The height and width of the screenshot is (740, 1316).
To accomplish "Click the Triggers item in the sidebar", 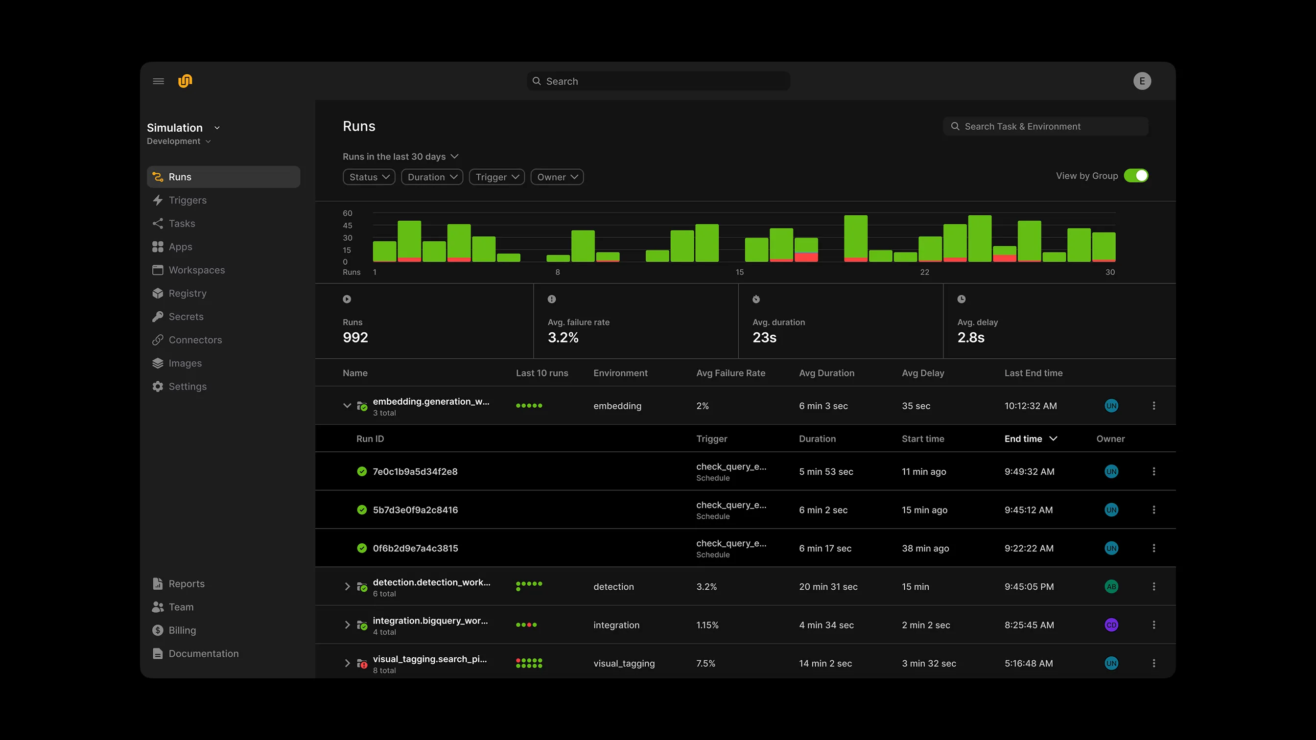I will tap(187, 200).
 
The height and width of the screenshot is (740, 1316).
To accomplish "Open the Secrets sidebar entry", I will tap(186, 317).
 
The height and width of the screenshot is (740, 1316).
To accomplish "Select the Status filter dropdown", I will tap(369, 177).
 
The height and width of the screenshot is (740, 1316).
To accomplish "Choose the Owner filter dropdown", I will tap(557, 177).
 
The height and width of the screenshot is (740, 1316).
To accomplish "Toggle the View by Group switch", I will tap(1136, 176).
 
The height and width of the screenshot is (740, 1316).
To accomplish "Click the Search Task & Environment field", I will tap(1045, 127).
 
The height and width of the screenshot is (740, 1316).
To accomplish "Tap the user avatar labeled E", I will tap(1142, 81).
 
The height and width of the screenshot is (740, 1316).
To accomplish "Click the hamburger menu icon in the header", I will tap(158, 81).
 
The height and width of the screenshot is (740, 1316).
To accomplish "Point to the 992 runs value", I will tap(355, 338).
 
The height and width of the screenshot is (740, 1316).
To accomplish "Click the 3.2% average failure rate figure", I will tap(563, 338).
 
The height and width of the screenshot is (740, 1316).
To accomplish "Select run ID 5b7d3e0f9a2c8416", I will tap(415, 509).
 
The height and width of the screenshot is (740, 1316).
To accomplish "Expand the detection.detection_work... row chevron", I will tap(348, 586).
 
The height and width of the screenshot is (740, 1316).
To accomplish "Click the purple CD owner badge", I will tap(1111, 625).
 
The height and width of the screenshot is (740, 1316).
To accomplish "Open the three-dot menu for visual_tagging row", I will tap(1153, 663).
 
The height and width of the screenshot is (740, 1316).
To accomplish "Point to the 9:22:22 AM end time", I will tap(1029, 549).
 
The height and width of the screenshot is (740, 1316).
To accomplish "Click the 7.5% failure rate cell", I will tap(705, 663).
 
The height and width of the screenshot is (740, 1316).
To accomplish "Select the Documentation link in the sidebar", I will tap(203, 654).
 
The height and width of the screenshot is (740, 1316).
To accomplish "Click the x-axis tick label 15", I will tap(739, 272).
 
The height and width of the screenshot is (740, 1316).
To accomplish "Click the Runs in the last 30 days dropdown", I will tap(400, 157).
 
